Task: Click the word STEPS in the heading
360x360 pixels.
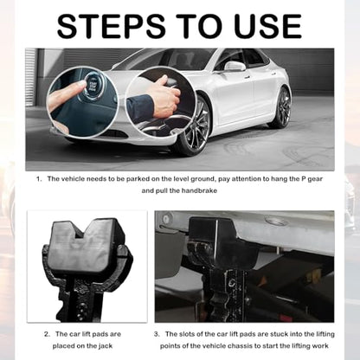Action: (112, 26)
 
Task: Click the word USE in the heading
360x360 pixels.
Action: (268, 26)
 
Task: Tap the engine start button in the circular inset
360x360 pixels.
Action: (92, 84)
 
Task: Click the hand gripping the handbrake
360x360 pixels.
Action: (162, 97)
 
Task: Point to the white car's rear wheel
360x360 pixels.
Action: (283, 108)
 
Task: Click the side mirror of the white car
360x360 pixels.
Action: (235, 67)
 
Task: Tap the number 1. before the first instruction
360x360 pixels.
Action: (39, 179)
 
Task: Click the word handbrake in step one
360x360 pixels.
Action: (199, 190)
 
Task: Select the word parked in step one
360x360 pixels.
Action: (138, 179)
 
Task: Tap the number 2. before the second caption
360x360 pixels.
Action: (48, 334)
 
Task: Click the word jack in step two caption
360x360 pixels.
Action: (105, 346)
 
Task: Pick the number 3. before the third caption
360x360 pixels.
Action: (157, 334)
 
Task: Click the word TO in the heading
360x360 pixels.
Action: (200, 26)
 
